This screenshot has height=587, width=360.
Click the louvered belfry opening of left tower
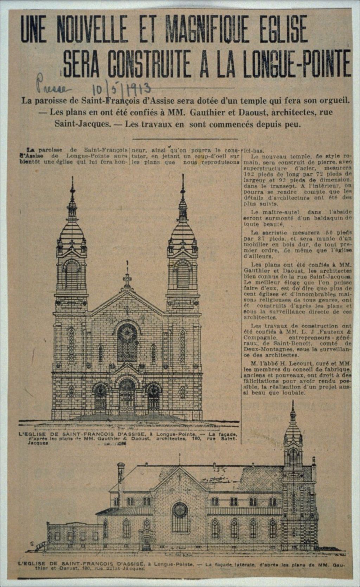(72, 274)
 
